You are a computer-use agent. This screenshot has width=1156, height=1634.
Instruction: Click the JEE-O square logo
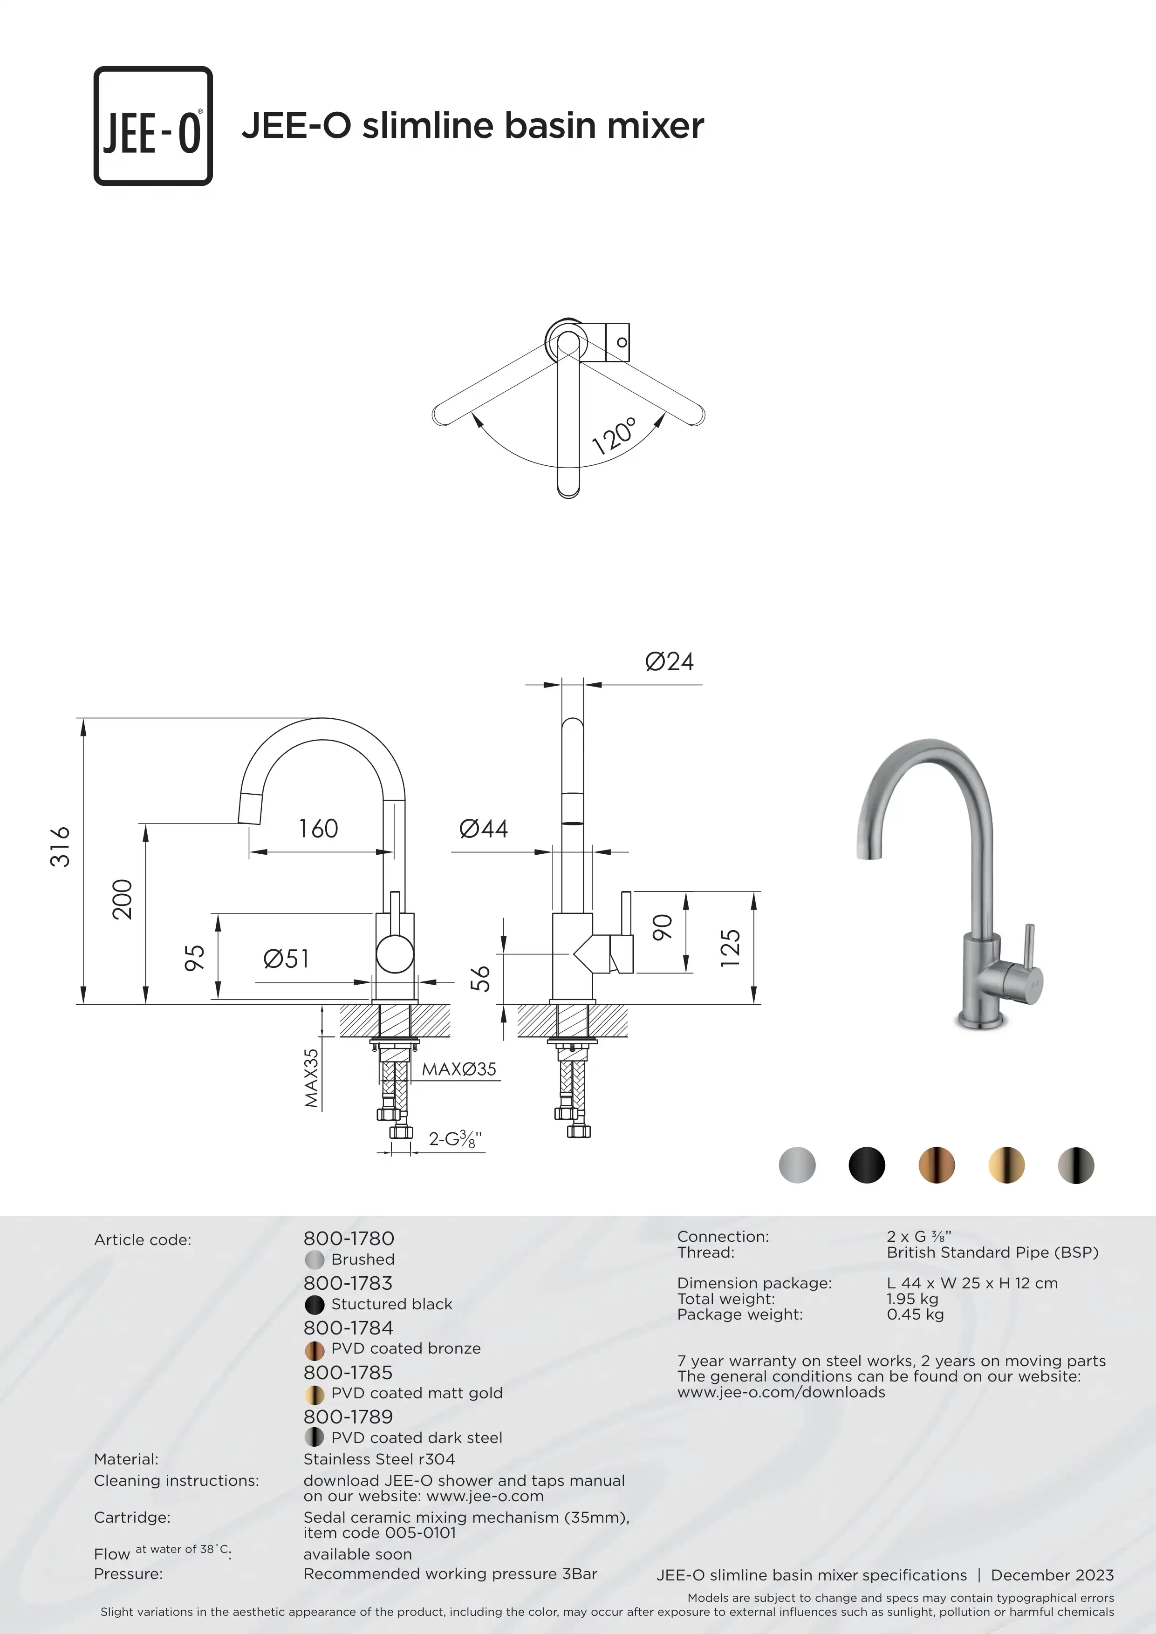(x=153, y=126)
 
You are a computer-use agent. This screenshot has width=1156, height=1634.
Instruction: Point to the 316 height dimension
(x=60, y=846)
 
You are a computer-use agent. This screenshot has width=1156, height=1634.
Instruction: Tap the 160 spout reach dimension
(x=318, y=828)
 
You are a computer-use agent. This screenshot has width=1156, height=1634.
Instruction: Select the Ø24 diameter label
(x=669, y=662)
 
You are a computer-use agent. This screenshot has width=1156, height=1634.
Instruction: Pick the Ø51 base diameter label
(x=286, y=959)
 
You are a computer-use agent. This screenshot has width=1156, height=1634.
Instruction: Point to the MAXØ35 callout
(x=459, y=1069)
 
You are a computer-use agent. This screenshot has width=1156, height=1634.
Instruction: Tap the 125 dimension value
(x=730, y=948)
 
